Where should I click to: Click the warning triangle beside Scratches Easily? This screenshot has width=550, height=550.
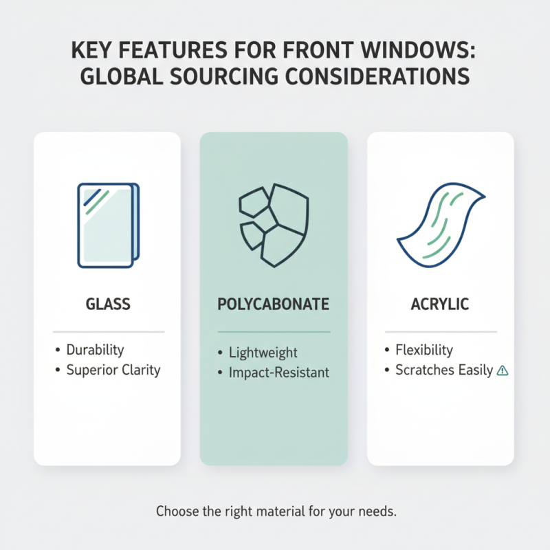503,371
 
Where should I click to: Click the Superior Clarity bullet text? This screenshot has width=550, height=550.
113,370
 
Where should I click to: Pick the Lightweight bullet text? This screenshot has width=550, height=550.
264,353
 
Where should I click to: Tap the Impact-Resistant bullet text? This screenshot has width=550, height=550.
280,373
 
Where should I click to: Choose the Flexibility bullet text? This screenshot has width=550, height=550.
424,350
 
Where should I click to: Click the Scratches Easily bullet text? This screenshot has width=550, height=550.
444,370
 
